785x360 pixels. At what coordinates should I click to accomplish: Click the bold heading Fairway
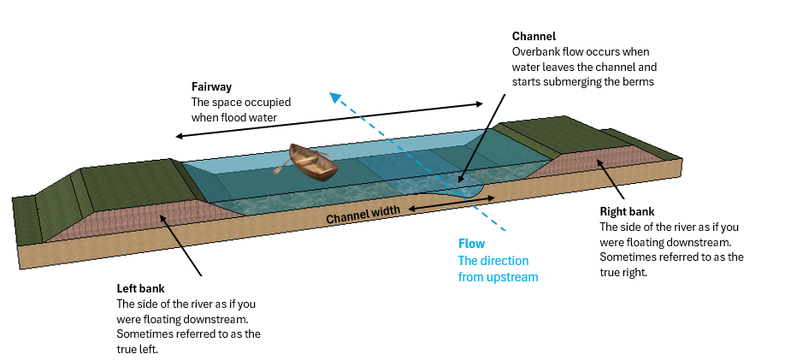[211, 87]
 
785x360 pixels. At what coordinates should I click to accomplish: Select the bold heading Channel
[534, 37]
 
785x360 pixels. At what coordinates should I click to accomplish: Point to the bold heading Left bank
[140, 288]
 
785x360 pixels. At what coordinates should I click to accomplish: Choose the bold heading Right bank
[628, 212]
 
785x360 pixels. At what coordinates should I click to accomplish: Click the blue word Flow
[472, 245]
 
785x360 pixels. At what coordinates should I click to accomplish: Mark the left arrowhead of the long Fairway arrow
[177, 136]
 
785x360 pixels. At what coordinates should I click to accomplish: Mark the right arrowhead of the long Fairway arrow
[481, 104]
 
